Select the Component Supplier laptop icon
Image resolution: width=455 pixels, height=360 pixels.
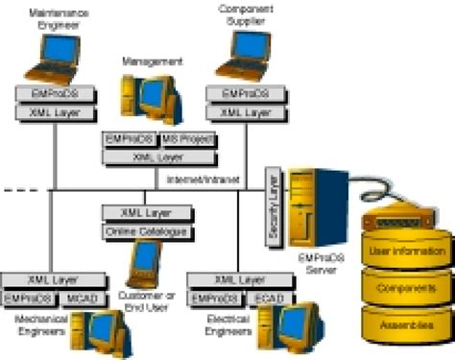(236, 59)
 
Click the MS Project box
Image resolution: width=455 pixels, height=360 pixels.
(189, 140)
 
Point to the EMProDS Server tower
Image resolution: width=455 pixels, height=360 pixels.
(313, 206)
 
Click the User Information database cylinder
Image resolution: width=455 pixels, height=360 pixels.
(405, 253)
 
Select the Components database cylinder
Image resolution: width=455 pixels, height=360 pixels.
(405, 289)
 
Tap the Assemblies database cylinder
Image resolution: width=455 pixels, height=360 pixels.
(405, 325)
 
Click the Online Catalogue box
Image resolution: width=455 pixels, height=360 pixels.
(143, 231)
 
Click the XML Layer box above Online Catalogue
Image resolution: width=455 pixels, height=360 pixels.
(143, 213)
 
